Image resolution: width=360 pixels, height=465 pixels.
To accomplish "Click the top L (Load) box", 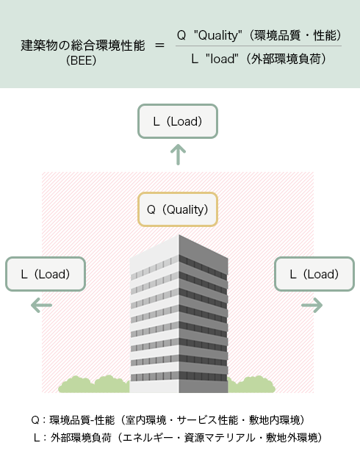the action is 178,121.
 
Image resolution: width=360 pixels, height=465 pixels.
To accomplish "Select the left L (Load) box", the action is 46,274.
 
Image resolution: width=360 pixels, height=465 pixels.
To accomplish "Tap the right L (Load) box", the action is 314,274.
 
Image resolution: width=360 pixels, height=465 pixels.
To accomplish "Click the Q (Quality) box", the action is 178,209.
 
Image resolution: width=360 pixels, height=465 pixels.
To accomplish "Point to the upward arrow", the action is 178,154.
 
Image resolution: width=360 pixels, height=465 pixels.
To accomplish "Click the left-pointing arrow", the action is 42,305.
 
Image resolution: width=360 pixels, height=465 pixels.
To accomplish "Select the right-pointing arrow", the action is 312,305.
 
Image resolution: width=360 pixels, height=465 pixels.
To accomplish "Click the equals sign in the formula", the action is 159,46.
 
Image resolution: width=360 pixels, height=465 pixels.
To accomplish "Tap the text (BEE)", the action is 82,60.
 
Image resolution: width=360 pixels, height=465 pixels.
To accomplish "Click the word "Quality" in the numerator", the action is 218,35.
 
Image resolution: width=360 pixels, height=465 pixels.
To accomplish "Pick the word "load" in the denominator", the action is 222,59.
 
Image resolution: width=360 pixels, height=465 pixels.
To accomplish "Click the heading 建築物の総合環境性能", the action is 83,46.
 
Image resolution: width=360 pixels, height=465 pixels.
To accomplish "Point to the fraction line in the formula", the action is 259,46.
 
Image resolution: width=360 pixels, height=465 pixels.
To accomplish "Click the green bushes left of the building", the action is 94,384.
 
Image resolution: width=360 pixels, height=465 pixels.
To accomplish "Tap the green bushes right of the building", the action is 251,385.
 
